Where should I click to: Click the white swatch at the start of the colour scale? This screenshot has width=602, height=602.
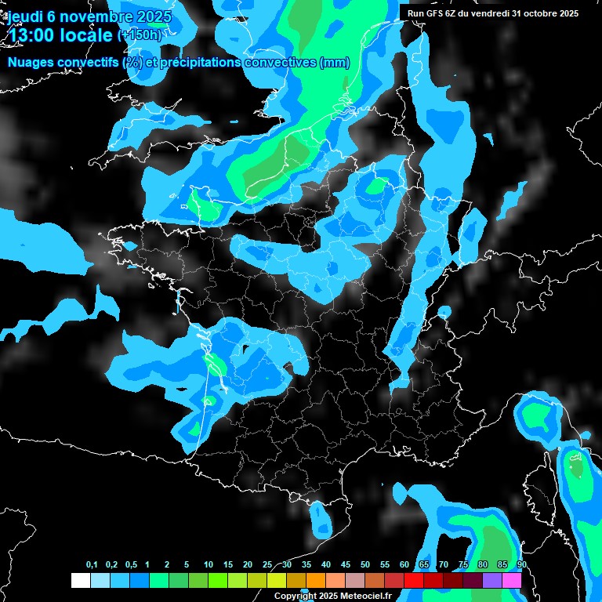pos(80,580)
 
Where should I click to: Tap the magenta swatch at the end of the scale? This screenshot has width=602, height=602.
pos(512,580)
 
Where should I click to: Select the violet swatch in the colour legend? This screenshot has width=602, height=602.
pos(492,580)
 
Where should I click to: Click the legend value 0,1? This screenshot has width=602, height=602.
pos(92,565)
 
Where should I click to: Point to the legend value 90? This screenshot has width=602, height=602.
pos(521,565)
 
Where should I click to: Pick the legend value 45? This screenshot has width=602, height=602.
pos(345,565)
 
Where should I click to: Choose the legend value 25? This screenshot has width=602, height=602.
pos(267,565)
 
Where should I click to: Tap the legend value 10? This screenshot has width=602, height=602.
pos(208,565)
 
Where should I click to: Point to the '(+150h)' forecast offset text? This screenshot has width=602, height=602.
pos(140,35)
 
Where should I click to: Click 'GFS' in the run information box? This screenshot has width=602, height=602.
pos(435,13)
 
